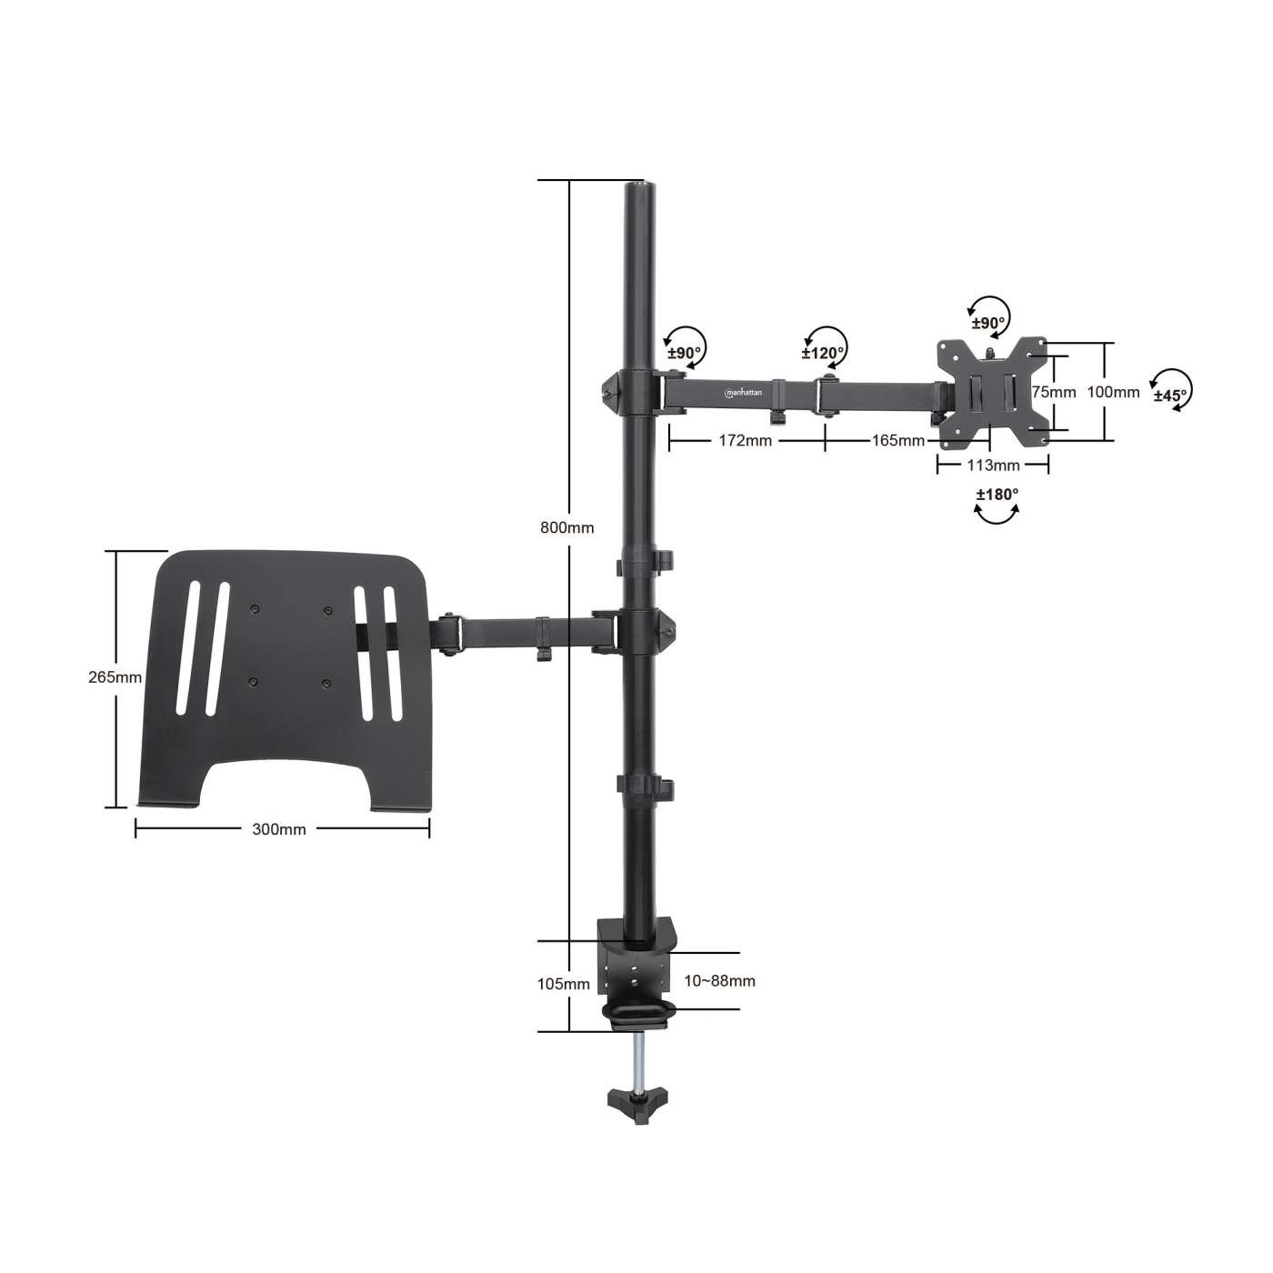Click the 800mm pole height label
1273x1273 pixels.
coord(566,527)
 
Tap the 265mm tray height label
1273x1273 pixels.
coord(115,677)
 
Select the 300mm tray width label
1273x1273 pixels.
coord(279,828)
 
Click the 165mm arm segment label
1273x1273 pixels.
coord(897,440)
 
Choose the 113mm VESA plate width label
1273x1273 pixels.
coord(993,466)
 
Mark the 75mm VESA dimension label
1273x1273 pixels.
coord(1053,392)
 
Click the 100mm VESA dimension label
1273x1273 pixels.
coord(1113,392)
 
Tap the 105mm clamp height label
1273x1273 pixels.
coord(564,984)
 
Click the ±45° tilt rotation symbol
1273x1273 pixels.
coord(1172,392)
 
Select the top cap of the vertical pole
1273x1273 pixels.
coord(639,187)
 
